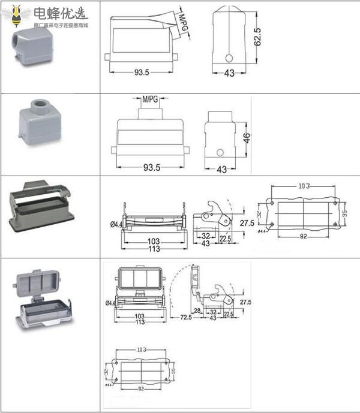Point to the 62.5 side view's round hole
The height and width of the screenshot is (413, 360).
click(x=229, y=59)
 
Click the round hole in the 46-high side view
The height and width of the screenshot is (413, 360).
click(x=221, y=152)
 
